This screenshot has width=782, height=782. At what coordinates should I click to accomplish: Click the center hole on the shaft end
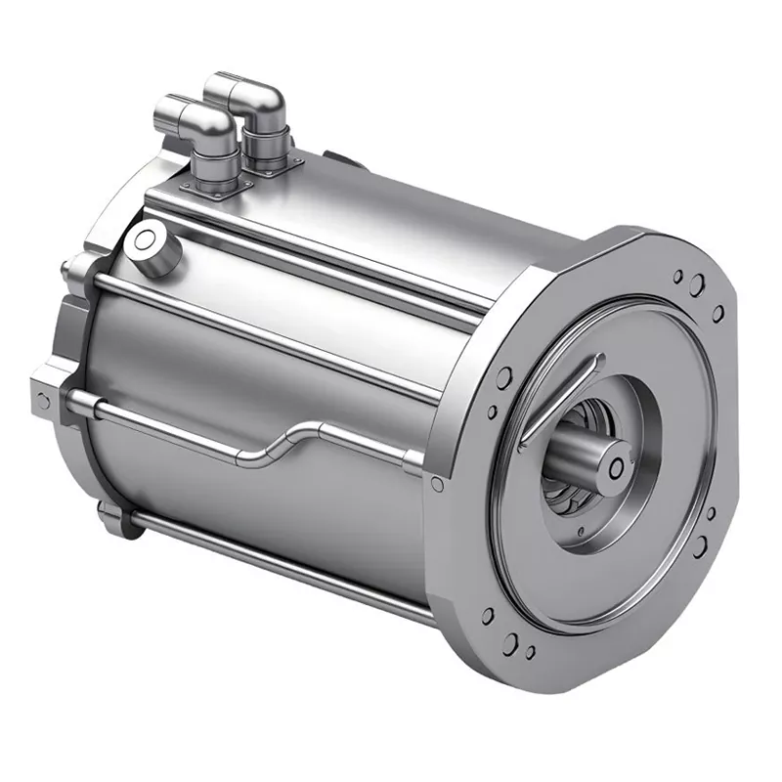[x=615, y=468]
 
